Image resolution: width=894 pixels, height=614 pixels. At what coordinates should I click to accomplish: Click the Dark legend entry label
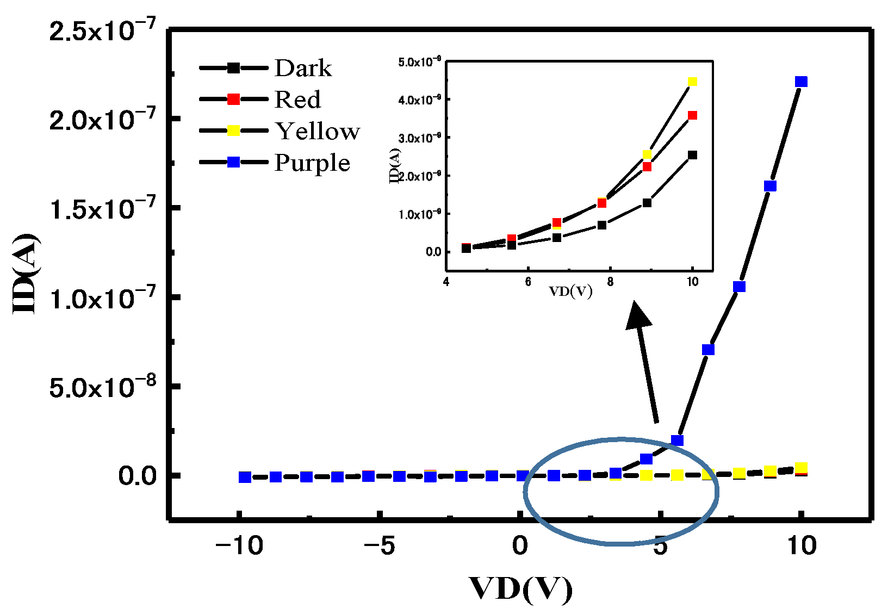302,69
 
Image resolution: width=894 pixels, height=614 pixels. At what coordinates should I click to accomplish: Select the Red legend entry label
297,100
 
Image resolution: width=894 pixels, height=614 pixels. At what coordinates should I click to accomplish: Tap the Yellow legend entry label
317,131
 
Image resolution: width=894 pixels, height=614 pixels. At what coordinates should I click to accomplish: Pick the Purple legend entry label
312,163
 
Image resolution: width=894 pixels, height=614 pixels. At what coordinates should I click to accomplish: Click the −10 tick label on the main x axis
239,545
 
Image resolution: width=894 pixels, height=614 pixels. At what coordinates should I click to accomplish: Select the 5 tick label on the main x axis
660,545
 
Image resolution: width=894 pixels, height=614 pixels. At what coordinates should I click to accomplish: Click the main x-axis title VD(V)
520,590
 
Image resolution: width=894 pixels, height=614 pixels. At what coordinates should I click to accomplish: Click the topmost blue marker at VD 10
801,82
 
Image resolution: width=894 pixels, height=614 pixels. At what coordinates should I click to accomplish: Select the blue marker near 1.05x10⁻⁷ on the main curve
738,287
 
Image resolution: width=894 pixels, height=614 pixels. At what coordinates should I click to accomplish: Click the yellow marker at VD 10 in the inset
692,82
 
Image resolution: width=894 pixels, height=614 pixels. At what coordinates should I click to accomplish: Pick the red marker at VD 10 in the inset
692,115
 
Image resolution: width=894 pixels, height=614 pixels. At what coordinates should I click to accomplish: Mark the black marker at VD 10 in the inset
692,155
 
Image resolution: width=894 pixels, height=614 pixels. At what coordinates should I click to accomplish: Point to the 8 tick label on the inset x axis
610,282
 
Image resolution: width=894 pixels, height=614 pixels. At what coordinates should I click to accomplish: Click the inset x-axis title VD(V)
570,292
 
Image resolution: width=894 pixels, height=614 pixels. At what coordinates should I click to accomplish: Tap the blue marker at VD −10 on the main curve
245,477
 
